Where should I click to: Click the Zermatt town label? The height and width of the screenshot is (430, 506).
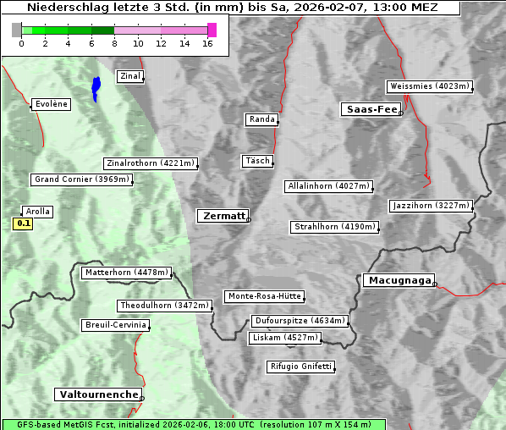[x=223, y=216]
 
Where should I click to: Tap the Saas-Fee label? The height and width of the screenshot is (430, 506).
[x=371, y=109]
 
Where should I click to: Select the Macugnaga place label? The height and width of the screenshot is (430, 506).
[x=398, y=280]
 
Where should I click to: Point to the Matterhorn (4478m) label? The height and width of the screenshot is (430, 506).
[x=126, y=273]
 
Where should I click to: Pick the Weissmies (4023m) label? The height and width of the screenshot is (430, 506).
[x=429, y=86]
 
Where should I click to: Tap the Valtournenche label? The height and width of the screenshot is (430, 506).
[x=98, y=394]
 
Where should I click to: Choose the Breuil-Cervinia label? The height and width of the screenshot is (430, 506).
[x=116, y=325]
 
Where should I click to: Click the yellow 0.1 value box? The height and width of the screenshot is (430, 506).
[x=23, y=224]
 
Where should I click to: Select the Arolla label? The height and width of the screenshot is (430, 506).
[x=38, y=212]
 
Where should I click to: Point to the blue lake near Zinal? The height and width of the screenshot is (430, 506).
[x=96, y=87]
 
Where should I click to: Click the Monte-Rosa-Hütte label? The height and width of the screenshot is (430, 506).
[x=264, y=296]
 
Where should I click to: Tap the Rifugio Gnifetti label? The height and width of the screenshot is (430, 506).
[x=300, y=367]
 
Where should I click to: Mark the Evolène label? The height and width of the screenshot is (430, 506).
[x=50, y=104]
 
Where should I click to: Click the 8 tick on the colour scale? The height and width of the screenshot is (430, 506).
[x=115, y=43]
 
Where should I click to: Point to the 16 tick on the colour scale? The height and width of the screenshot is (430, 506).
[x=208, y=43]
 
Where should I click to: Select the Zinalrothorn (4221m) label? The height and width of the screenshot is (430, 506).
[x=151, y=163]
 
